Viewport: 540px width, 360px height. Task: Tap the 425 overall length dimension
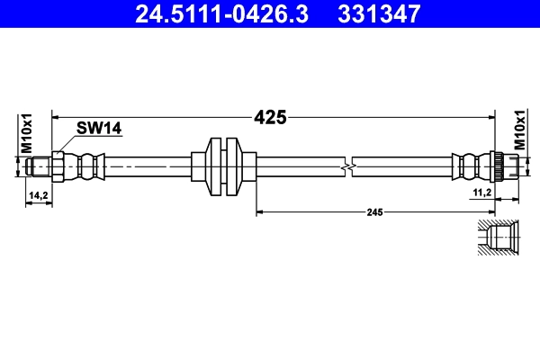[270, 117]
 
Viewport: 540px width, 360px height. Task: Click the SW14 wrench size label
[98, 129]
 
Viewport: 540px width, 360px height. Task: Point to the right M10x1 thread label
[519, 130]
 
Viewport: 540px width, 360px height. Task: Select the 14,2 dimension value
[38, 194]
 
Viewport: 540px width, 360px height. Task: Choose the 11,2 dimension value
[481, 193]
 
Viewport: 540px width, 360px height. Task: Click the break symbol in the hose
[349, 166]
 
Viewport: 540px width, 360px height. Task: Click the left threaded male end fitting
[39, 166]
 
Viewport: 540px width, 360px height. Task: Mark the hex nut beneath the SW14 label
[58, 166]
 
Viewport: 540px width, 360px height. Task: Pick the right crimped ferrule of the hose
[468, 166]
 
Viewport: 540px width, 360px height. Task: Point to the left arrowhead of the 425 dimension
[57, 117]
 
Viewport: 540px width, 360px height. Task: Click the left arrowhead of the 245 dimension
[261, 211]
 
